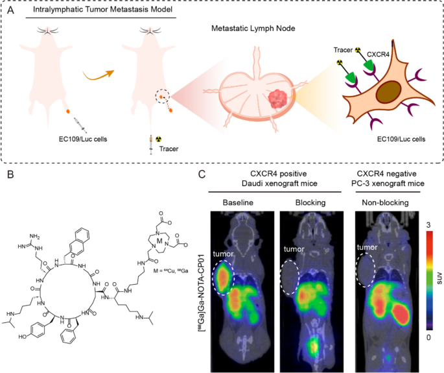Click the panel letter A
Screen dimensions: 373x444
pyautogui.click(x=10, y=11)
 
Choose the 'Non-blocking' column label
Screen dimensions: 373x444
pyautogui.click(x=384, y=203)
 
